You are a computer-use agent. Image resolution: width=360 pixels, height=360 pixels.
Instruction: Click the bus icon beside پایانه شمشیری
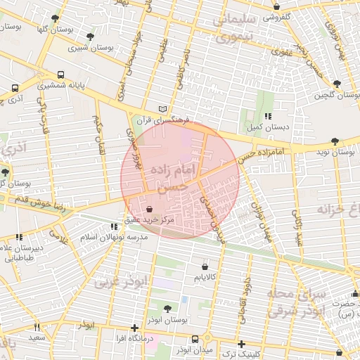click(x=60, y=74)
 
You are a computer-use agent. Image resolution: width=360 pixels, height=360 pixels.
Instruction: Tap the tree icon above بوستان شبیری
click(x=90, y=37)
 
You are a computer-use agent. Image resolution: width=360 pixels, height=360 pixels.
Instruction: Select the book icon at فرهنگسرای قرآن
click(x=163, y=110)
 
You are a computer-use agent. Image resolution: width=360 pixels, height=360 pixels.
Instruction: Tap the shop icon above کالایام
click(x=205, y=267)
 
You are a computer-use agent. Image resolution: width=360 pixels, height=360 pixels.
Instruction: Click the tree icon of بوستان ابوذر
click(x=167, y=309)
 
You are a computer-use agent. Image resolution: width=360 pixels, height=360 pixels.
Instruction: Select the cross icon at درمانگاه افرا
click(x=134, y=328)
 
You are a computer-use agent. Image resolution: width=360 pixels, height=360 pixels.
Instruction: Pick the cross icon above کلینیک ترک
click(x=241, y=344)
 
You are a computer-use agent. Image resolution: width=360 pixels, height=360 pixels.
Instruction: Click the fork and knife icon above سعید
click(x=37, y=327)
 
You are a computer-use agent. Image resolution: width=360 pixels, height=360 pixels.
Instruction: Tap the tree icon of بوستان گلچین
click(x=337, y=84)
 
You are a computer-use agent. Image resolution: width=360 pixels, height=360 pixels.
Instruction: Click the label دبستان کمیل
click(x=266, y=128)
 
